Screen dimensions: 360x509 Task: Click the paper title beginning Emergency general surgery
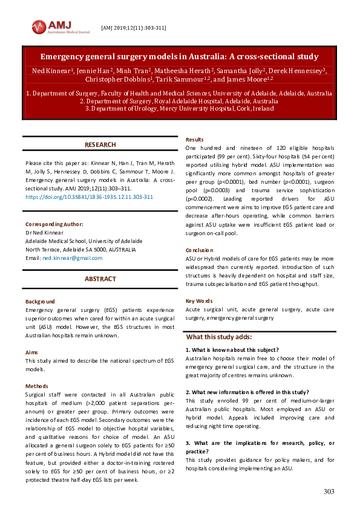179,57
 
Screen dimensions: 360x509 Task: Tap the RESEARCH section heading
100,145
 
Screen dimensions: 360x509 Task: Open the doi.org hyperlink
89,197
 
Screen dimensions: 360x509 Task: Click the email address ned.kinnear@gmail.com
72,258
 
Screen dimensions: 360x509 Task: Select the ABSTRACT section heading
100,279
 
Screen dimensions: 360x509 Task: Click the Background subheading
40,302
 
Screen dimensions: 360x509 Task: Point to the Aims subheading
32,351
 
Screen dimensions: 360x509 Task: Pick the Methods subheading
37,386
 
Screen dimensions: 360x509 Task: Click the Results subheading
194,140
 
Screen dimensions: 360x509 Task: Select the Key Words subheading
198,300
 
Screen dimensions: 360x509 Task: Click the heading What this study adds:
219,337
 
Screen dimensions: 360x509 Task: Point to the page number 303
329,491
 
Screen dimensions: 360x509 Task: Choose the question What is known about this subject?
233,350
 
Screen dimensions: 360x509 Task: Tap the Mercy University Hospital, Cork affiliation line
179,109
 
